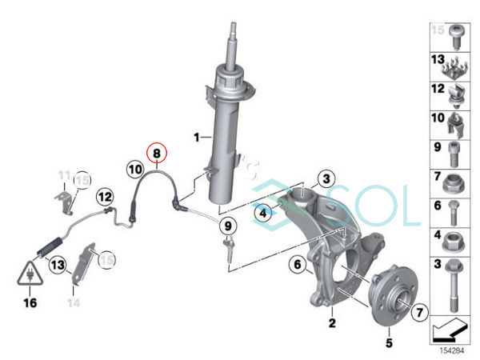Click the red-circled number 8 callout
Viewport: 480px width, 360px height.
tap(157, 151)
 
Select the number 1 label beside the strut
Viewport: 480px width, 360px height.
tap(196, 138)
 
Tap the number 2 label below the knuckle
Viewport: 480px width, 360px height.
tap(330, 323)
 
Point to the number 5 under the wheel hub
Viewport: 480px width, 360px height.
tap(390, 343)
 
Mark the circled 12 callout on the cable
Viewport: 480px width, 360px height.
tap(105, 196)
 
